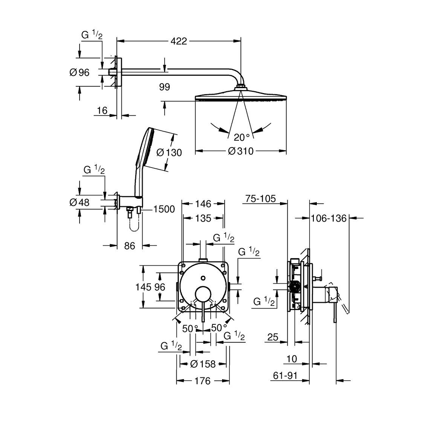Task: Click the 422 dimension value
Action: tap(179, 41)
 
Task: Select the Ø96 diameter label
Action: tap(80, 72)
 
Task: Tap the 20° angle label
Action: tap(242, 137)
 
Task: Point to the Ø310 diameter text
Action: tap(241, 151)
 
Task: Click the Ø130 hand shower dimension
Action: tap(169, 152)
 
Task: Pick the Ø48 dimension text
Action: tap(80, 202)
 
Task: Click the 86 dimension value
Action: tap(130, 245)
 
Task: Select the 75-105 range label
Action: tap(260, 198)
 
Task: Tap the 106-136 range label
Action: tap(328, 218)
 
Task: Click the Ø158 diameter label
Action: tap(203, 363)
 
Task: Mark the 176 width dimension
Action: tap(203, 381)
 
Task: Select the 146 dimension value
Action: tap(203, 204)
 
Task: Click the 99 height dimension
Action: tap(165, 87)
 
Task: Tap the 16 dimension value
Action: tap(102, 110)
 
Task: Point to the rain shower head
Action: tap(242, 96)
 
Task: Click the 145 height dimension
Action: tap(143, 287)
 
